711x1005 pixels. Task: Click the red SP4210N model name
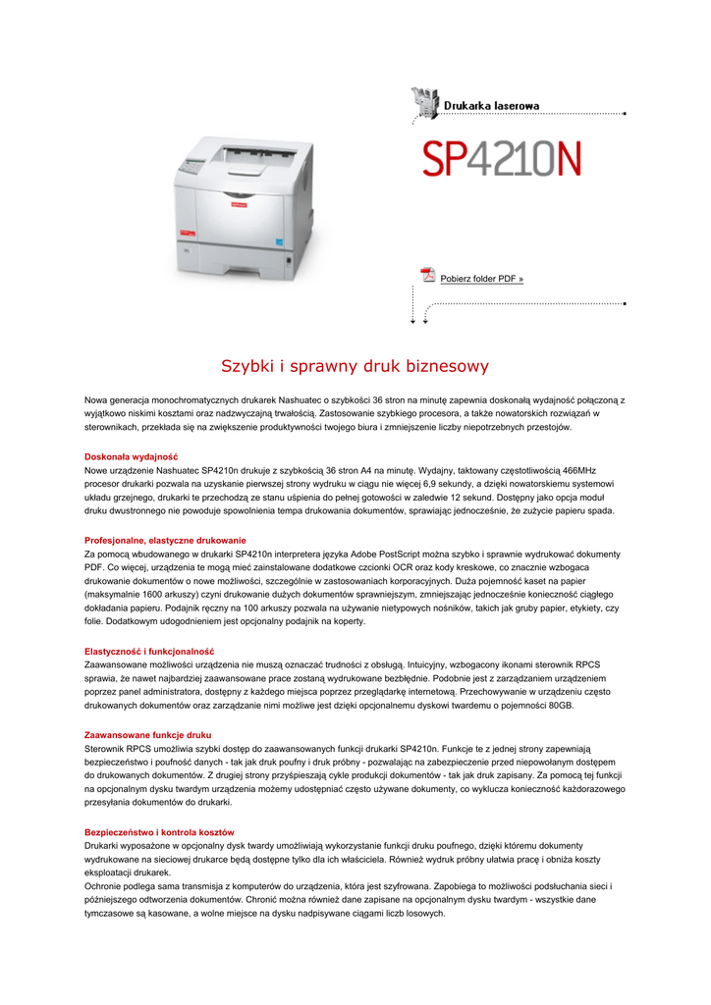[502, 159]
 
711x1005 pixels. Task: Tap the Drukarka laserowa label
[491, 105]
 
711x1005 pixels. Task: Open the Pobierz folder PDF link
[481, 279]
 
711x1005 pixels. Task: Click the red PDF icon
[427, 276]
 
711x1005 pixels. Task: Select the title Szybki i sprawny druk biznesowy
[355, 367]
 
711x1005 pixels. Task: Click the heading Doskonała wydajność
[131, 456]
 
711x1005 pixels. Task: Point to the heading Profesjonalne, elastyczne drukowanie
[165, 541]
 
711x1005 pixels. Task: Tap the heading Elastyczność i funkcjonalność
[149, 652]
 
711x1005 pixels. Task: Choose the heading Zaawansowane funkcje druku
[147, 735]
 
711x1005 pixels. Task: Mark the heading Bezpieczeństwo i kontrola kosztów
[159, 832]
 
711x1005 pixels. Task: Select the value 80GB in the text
[558, 706]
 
